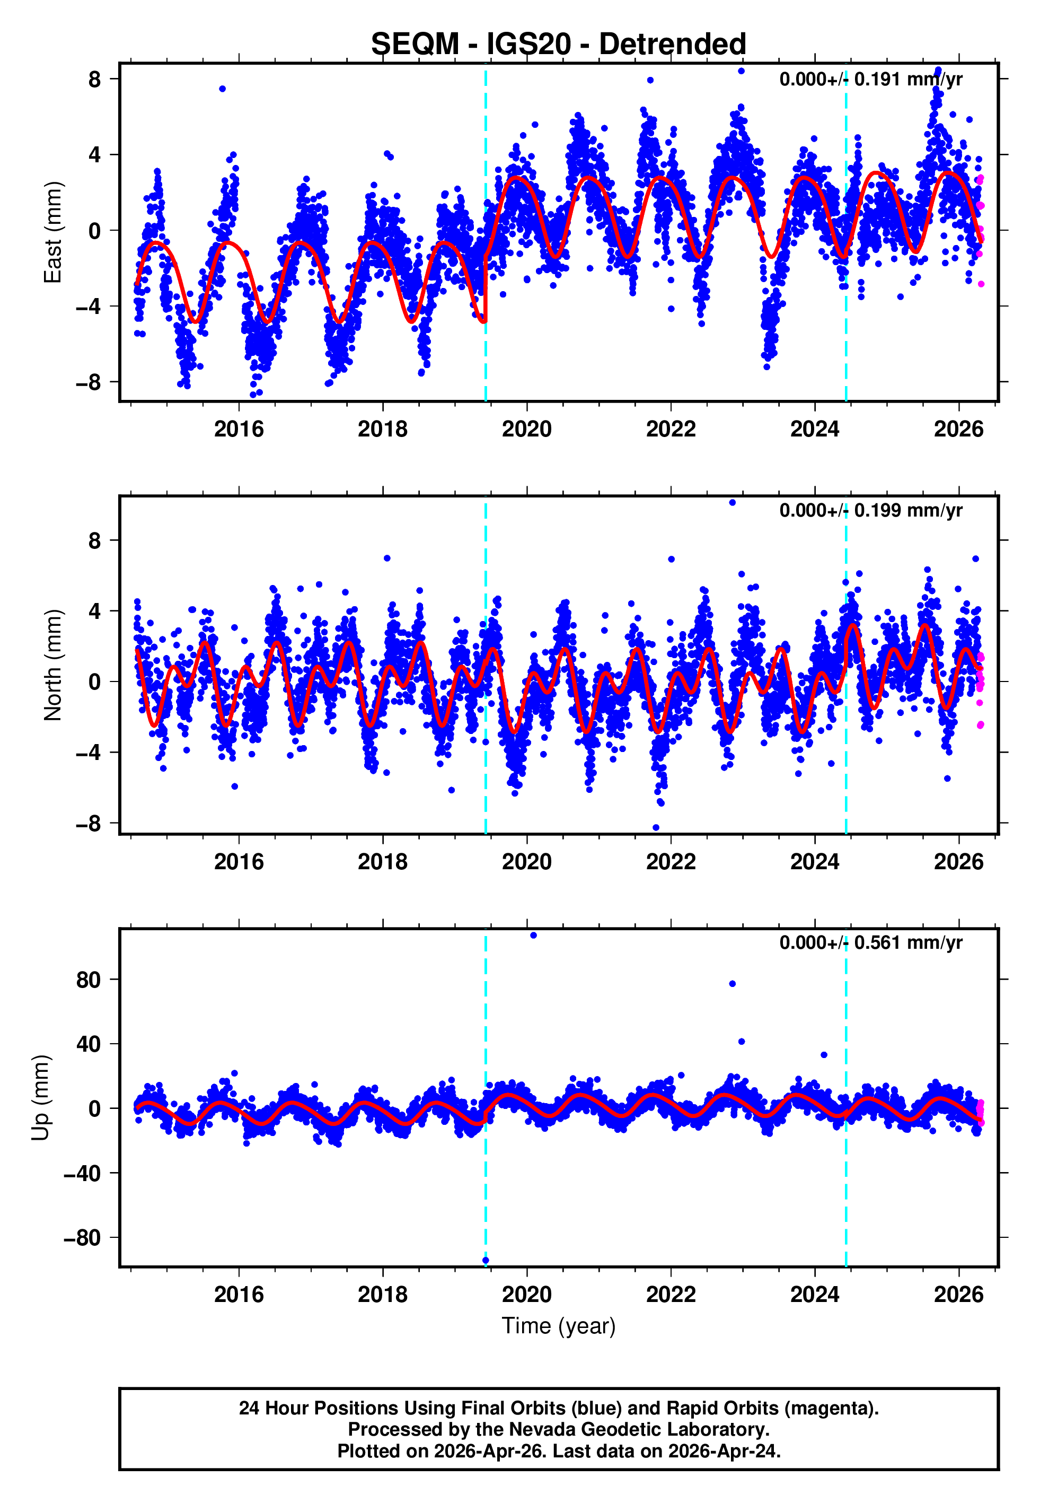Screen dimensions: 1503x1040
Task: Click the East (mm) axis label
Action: [53, 233]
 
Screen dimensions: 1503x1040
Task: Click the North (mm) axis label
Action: [53, 665]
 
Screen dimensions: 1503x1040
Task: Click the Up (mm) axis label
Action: [40, 1098]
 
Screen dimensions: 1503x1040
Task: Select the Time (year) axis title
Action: [559, 1326]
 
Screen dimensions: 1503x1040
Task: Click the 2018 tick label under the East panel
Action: [383, 429]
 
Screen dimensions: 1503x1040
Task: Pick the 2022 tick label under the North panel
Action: [671, 862]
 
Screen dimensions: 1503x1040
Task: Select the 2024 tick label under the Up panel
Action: [815, 1295]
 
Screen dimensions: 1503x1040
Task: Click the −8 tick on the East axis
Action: [88, 382]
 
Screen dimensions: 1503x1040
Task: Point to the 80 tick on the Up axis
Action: [88, 980]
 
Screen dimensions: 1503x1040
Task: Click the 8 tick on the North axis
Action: [94, 540]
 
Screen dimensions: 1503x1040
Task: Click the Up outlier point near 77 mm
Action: [733, 984]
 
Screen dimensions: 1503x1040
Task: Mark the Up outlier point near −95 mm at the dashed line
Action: [486, 1261]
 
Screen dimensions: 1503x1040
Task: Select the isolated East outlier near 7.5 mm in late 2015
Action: [222, 89]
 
